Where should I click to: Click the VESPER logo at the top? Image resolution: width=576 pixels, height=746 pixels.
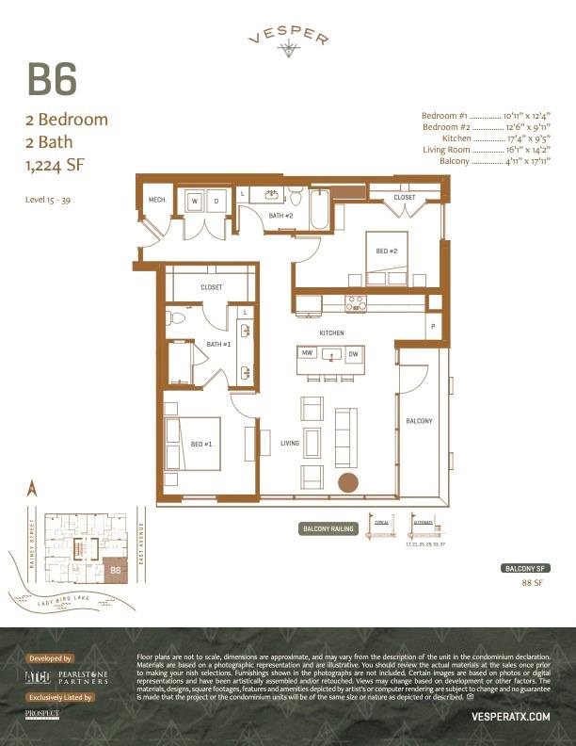coord(288,40)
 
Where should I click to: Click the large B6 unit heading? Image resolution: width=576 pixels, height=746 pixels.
coord(52,81)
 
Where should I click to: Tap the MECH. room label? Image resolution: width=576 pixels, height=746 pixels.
coord(157,200)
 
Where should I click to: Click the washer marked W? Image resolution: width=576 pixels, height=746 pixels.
coord(195,201)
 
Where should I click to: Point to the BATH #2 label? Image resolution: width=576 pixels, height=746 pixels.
coord(281,216)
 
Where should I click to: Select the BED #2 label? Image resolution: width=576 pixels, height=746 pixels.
coord(387,251)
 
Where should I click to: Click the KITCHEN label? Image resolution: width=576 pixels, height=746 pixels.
coord(331,333)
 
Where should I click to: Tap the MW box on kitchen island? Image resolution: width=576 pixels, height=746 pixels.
coord(307,353)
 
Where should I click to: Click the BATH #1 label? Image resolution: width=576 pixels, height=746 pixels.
coord(218,344)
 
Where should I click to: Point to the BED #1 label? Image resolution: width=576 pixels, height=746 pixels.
coord(201,443)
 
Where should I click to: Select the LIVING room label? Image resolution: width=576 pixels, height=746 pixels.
coord(290,443)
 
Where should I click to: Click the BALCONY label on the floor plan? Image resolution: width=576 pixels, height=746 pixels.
coord(419,421)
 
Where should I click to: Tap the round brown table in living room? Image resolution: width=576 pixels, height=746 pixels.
coord(349,483)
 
